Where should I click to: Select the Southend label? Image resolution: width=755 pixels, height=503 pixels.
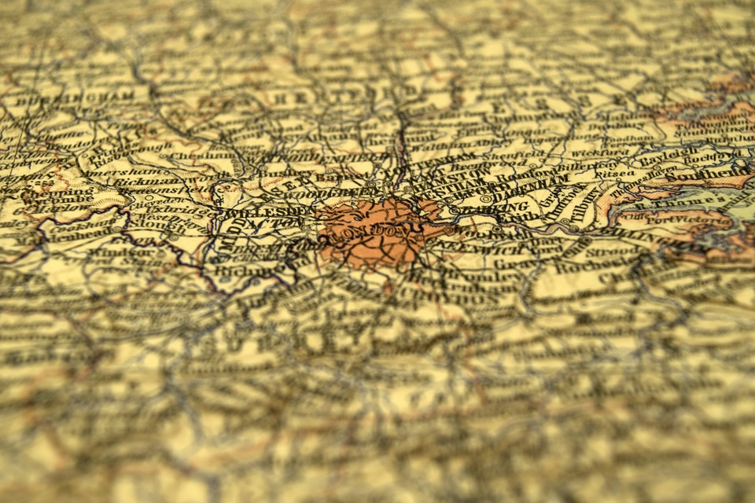[x=724, y=172]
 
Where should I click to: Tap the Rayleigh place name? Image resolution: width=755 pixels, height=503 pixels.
[x=661, y=160]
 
